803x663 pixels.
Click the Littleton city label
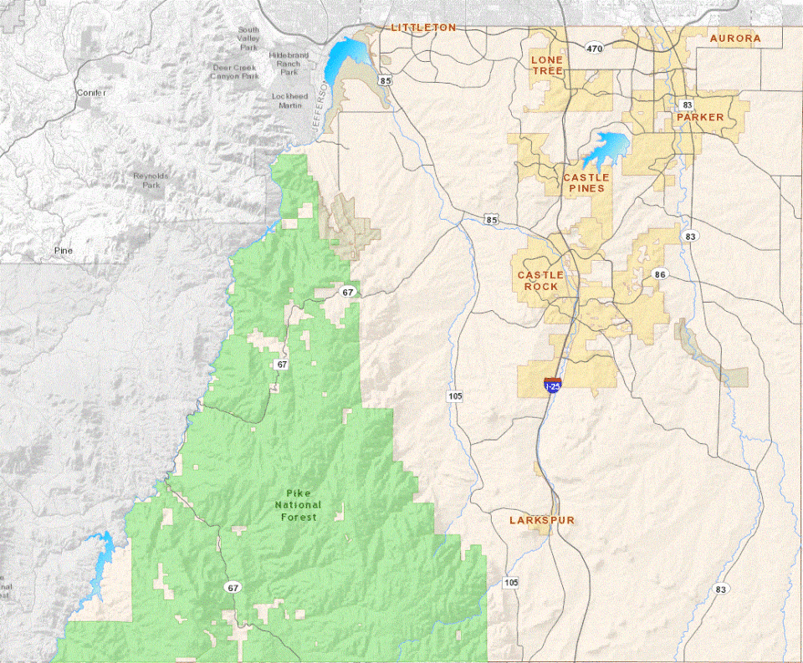[424, 28]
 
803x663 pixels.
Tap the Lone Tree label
[547, 66]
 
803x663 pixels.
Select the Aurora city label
[735, 38]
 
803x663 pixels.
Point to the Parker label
[700, 117]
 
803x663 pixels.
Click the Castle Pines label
[586, 183]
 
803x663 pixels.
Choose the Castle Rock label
[540, 281]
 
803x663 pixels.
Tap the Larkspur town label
[542, 520]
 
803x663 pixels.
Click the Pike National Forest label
[298, 505]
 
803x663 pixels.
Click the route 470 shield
[594, 49]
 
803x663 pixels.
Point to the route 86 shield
[661, 274]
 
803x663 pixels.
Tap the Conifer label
[90, 92]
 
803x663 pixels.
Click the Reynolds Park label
[151, 181]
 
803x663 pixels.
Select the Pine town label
[64, 250]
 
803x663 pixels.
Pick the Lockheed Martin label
[289, 101]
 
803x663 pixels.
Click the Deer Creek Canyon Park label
[236, 72]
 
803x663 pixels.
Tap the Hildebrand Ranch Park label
[289, 64]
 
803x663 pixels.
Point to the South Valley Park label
[248, 38]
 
